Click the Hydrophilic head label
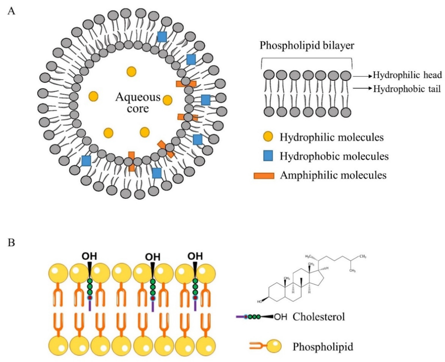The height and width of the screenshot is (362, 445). [x=408, y=75]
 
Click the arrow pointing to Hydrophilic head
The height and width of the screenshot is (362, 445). [x=362, y=76]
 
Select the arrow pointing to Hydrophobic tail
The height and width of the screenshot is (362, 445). [x=362, y=89]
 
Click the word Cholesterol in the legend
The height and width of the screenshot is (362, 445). [x=317, y=317]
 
